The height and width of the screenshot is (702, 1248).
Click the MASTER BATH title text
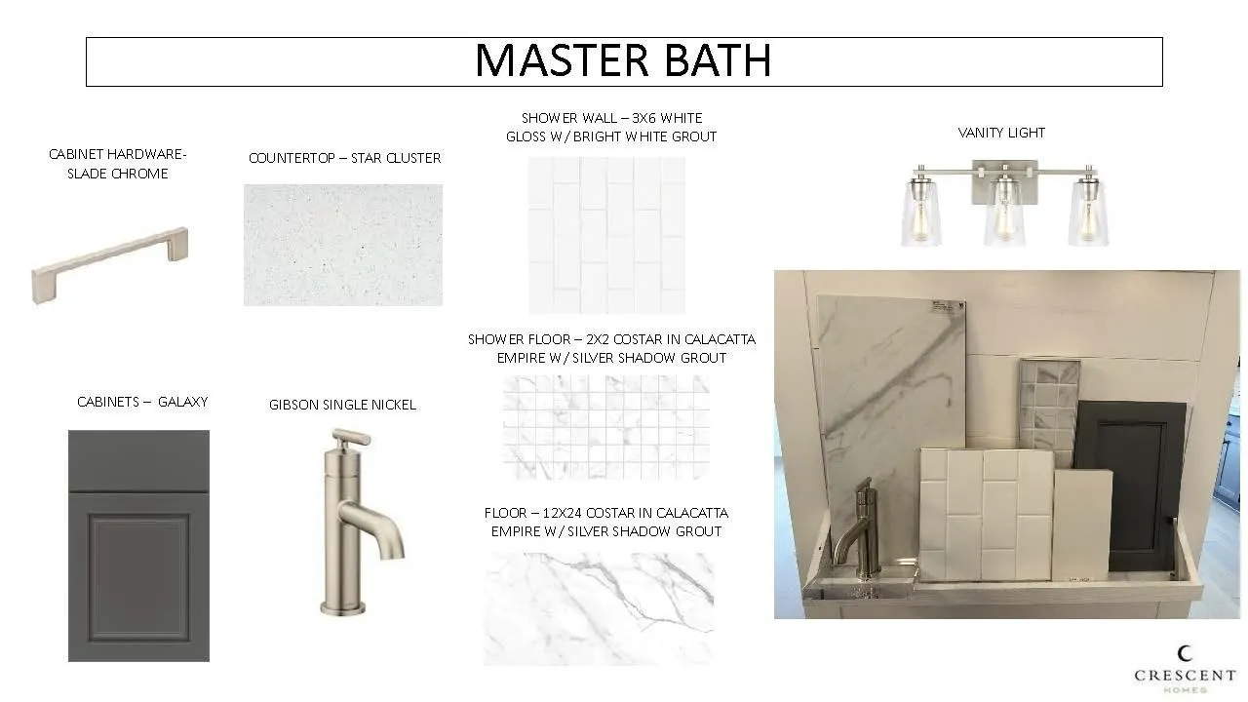click(623, 60)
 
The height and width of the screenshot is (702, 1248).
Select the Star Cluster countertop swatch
click(343, 245)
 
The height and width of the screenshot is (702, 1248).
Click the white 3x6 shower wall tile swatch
click(606, 235)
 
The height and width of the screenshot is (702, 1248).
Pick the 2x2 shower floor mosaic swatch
click(606, 427)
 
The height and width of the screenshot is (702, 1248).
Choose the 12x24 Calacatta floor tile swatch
click(599, 609)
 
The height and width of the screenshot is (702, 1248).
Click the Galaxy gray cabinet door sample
click(138, 545)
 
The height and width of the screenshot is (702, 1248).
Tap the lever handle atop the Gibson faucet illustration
click(352, 438)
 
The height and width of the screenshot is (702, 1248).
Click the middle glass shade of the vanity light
click(1004, 211)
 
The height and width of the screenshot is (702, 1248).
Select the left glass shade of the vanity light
click(921, 211)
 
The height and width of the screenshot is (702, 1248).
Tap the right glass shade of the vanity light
click(1088, 211)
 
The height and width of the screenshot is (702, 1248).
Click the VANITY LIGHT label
click(1001, 133)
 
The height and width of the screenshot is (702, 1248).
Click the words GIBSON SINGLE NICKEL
click(342, 405)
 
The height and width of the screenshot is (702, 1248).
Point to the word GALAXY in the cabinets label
click(182, 402)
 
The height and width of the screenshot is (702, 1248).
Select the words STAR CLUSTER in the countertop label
click(396, 158)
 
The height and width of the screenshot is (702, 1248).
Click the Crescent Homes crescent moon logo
click(1185, 653)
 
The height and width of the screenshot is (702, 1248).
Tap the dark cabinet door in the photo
click(1130, 485)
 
